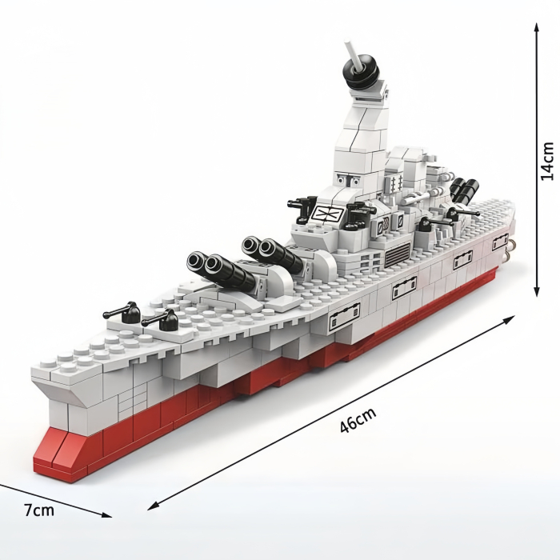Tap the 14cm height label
point(546,161)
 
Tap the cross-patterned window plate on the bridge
point(328,213)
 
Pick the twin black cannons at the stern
point(463,190)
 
